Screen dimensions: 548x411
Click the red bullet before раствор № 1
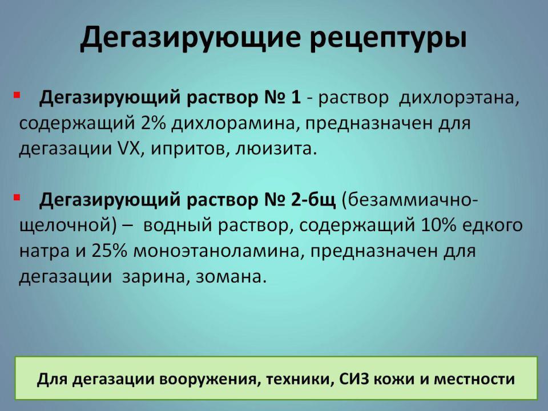click(x=17, y=95)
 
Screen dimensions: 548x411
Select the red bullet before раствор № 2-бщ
click(x=17, y=198)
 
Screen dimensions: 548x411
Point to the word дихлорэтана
click(x=459, y=98)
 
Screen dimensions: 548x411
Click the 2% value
click(x=154, y=123)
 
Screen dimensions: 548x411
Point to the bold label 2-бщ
click(x=313, y=200)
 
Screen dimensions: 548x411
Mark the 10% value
click(x=438, y=225)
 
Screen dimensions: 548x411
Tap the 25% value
click(x=108, y=251)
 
